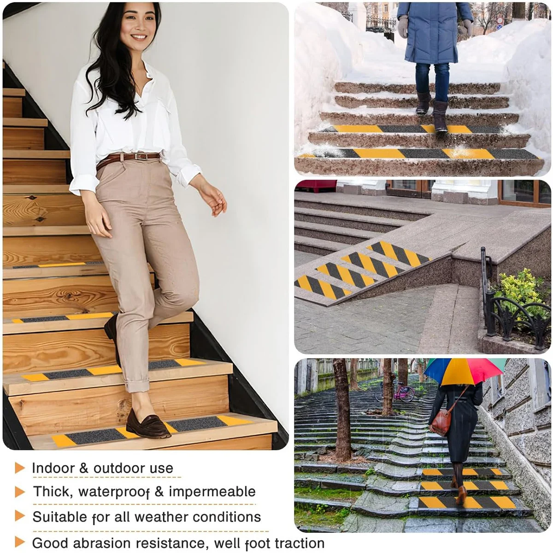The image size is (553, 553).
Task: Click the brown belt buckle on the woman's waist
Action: click(141, 156)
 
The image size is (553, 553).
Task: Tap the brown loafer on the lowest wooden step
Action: click(148, 424)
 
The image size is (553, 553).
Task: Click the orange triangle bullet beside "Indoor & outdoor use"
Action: click(19, 468)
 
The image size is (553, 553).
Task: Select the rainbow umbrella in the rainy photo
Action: click(465, 371)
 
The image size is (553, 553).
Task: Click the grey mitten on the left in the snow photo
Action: click(403, 27)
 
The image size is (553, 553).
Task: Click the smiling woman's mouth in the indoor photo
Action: click(139, 37)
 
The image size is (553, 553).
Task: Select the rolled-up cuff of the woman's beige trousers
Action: click(137, 387)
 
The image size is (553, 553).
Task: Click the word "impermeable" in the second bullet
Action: click(212, 492)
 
